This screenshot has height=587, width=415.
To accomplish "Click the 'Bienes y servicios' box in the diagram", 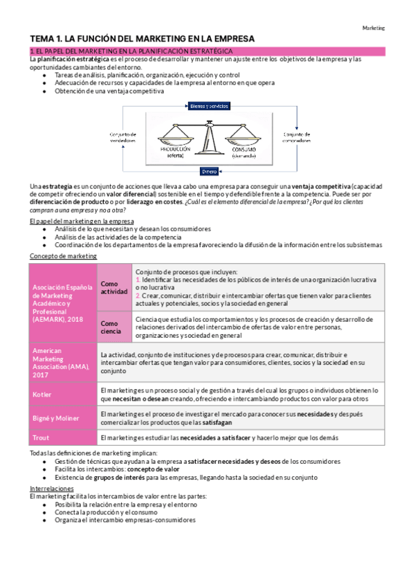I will (210, 106).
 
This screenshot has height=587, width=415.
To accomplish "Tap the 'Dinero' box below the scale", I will (210, 170).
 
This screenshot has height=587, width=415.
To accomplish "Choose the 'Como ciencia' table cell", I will (114, 327).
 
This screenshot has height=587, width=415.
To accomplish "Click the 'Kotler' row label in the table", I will (42, 395).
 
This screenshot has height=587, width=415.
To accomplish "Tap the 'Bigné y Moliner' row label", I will (57, 418).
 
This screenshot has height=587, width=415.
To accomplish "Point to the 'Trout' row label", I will (40, 437).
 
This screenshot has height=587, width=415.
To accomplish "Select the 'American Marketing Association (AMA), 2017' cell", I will (61, 363).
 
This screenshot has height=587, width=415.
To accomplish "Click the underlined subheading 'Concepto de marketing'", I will (63, 256).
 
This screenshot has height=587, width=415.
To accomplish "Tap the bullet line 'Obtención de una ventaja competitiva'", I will (109, 91).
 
